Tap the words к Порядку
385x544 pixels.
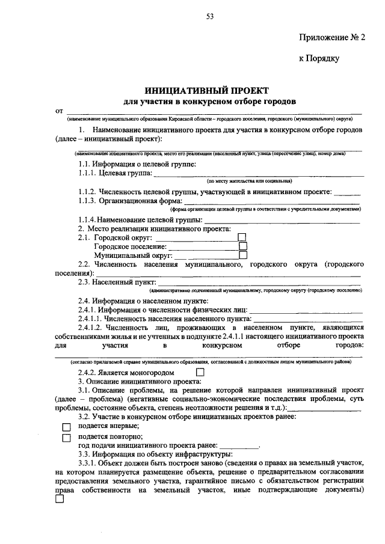pyautogui.click(x=320, y=58)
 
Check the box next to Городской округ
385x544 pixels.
pyautogui.click(x=242, y=237)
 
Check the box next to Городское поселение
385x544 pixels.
pyautogui.click(x=243, y=246)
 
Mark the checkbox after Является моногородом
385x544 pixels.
pyautogui.click(x=200, y=373)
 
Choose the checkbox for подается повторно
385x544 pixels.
pyautogui.click(x=67, y=437)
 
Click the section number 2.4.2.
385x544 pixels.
pyautogui.click(x=90, y=373)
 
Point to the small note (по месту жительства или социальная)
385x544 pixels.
pyautogui.click(x=249, y=181)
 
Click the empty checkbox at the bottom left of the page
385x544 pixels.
pyautogui.click(x=60, y=505)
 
